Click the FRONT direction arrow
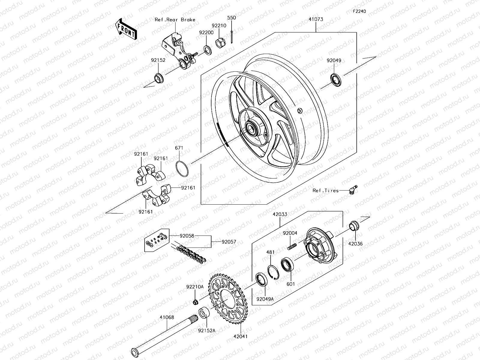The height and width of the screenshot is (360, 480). tap(125, 29)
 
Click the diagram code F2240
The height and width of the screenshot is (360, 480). tap(359, 11)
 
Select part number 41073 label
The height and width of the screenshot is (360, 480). tap(316, 19)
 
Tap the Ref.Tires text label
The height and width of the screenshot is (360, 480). tap(325, 190)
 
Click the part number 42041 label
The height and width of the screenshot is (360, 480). tap(241, 336)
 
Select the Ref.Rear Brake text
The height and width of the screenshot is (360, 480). tap(175, 20)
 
